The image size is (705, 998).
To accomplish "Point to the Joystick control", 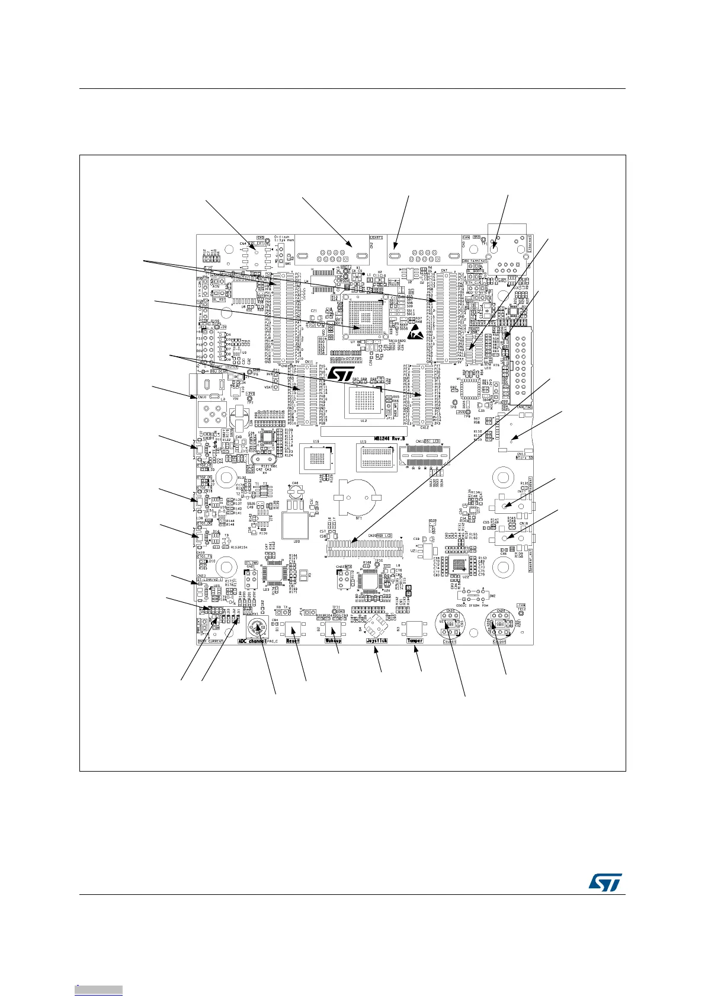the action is [x=376, y=626].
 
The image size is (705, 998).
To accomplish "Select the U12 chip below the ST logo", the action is [x=363, y=403].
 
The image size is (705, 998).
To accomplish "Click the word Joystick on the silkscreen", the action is [x=377, y=641].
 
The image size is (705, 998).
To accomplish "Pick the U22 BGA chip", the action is [x=459, y=568].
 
